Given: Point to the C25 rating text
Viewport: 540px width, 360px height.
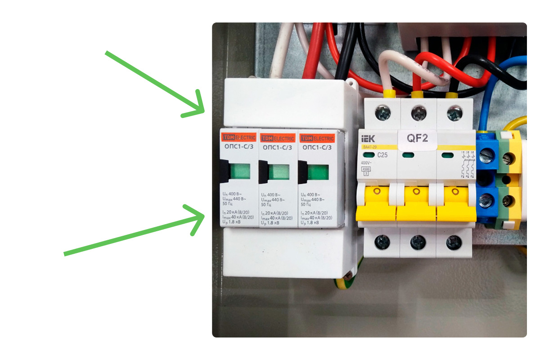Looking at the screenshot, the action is pyautogui.click(x=383, y=155).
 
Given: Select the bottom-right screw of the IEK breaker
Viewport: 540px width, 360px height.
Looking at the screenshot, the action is pyautogui.click(x=454, y=243).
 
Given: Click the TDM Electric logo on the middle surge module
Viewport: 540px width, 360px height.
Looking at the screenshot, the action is pyautogui.click(x=278, y=138).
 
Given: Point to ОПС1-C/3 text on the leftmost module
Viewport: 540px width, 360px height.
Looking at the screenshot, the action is pyautogui.click(x=238, y=147).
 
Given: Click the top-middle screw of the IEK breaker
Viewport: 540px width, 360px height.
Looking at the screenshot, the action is pyautogui.click(x=418, y=112).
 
